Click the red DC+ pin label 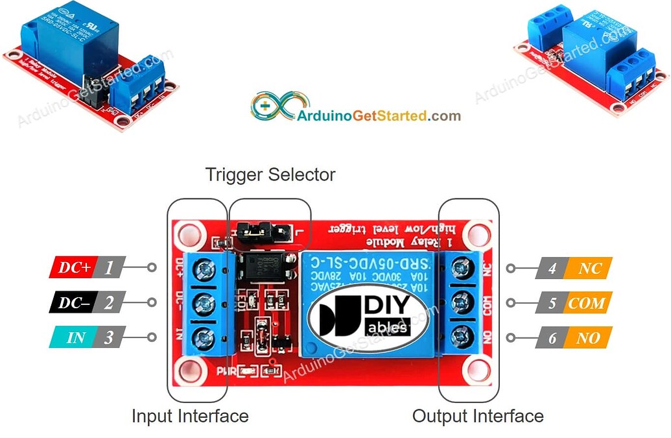tap(73, 267)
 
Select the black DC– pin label tap(73, 302)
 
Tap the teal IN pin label tap(73, 337)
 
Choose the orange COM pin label tap(587, 303)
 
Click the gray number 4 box tap(552, 268)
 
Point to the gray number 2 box tap(109, 302)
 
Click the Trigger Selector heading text tap(270, 175)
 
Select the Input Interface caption tap(190, 416)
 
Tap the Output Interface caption tap(478, 416)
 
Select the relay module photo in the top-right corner tap(590, 58)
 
